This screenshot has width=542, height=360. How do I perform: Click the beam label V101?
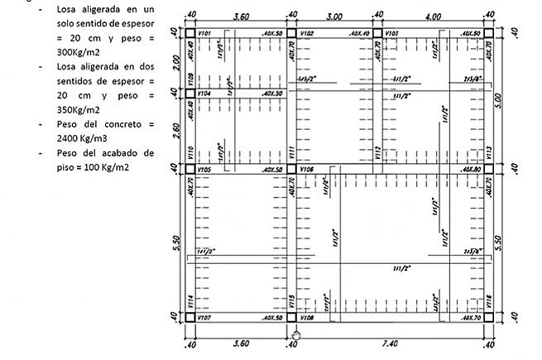pyautogui.click(x=206, y=34)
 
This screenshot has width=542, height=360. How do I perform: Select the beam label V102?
pyautogui.click(x=306, y=34)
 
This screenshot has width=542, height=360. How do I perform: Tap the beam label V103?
pyautogui.click(x=391, y=34)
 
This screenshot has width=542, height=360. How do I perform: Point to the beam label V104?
pyautogui.click(x=205, y=94)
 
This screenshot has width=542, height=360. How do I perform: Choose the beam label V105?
pyautogui.click(x=205, y=170)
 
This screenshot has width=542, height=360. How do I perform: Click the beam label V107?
pyautogui.click(x=205, y=318)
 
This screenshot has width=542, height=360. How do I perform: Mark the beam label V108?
pyautogui.click(x=306, y=318)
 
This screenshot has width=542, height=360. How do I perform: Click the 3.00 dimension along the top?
pyautogui.click(x=333, y=16)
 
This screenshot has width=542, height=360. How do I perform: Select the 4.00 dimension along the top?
pyautogui.click(x=433, y=16)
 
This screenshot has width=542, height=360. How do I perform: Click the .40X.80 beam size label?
pyautogui.click(x=472, y=170)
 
